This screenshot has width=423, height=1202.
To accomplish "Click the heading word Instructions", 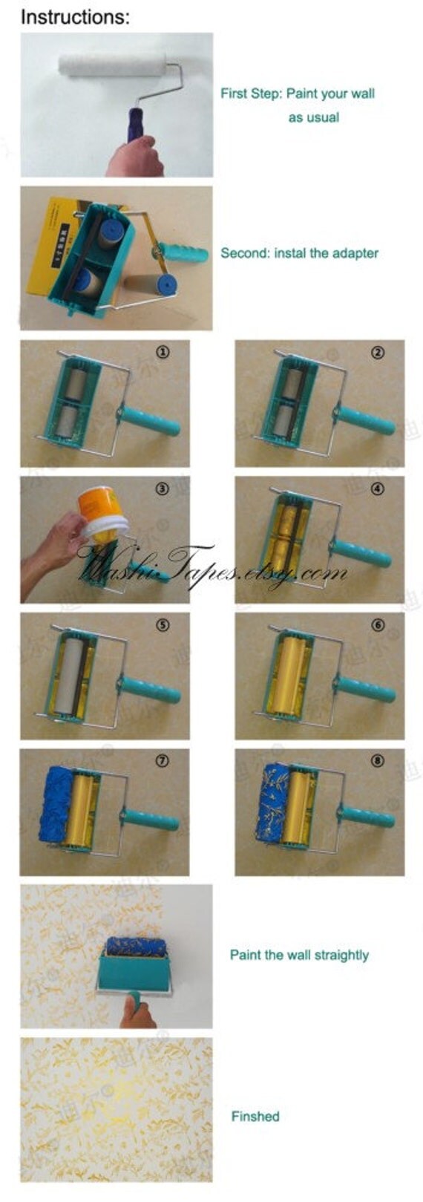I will coord(75,16).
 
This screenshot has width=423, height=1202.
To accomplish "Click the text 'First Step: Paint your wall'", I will coord(297,94).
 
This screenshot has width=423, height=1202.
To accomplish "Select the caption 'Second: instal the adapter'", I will coord(299,253).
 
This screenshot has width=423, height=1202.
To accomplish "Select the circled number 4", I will coord(378,489).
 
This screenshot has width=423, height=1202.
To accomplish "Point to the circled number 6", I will coord(378,625).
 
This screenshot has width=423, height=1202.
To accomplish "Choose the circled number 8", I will coord(378,760).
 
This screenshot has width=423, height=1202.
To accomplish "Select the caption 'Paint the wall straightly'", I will coord(299,956).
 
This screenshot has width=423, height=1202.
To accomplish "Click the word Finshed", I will coord(255,1116).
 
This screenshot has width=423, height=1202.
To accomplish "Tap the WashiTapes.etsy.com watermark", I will coord(211,570).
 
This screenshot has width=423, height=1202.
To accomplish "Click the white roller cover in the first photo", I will coord(111,65).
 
